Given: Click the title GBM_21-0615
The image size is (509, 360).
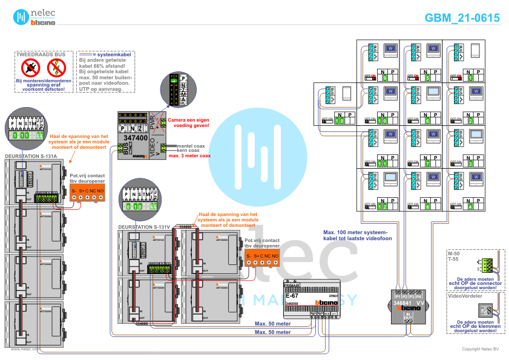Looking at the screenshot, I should tap(462, 18).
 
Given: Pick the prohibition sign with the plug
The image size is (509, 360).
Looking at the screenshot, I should tap(27, 67).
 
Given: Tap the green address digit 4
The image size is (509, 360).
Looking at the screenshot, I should tap(470, 207).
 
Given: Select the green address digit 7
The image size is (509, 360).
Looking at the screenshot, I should tap(427, 164).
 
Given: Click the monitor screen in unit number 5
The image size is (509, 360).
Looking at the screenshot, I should tap(434, 48).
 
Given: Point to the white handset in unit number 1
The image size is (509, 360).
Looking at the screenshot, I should tap(476, 50).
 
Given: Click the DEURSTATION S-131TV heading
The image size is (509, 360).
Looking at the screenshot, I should tap(144, 227).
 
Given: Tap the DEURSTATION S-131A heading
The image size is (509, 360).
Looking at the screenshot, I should tap(31, 156).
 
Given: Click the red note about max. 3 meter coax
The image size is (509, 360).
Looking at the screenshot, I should tap(190, 155).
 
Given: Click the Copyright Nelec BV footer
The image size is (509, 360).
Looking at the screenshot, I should tap(481, 349).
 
